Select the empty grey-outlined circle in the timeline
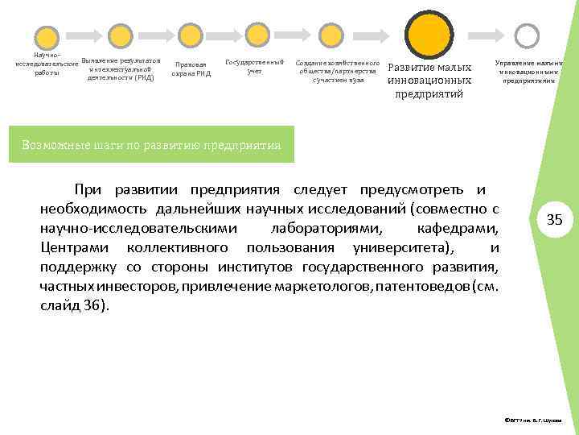tap(527, 35)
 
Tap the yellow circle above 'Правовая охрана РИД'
tap(190, 35)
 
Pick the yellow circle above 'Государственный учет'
tap(257, 34)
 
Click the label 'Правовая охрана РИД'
tap(191, 70)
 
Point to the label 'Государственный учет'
tap(255, 67)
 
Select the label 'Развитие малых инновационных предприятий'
tap(429, 81)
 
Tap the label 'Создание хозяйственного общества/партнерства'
tap(338, 71)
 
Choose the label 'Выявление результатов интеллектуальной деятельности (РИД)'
tap(121, 69)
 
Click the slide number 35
tap(555, 220)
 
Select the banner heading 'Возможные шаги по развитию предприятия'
tap(152, 146)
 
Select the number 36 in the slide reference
tap(89, 305)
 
